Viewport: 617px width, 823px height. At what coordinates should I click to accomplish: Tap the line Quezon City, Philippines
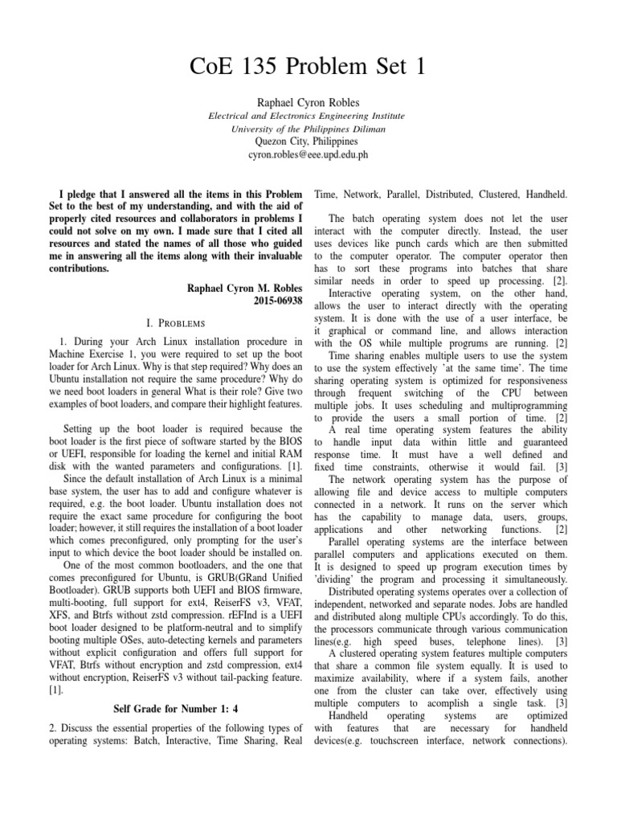click(x=308, y=141)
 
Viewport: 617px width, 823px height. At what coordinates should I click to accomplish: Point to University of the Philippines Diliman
click(x=308, y=129)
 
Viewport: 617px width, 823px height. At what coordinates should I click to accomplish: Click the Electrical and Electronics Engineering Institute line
click(x=308, y=116)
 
